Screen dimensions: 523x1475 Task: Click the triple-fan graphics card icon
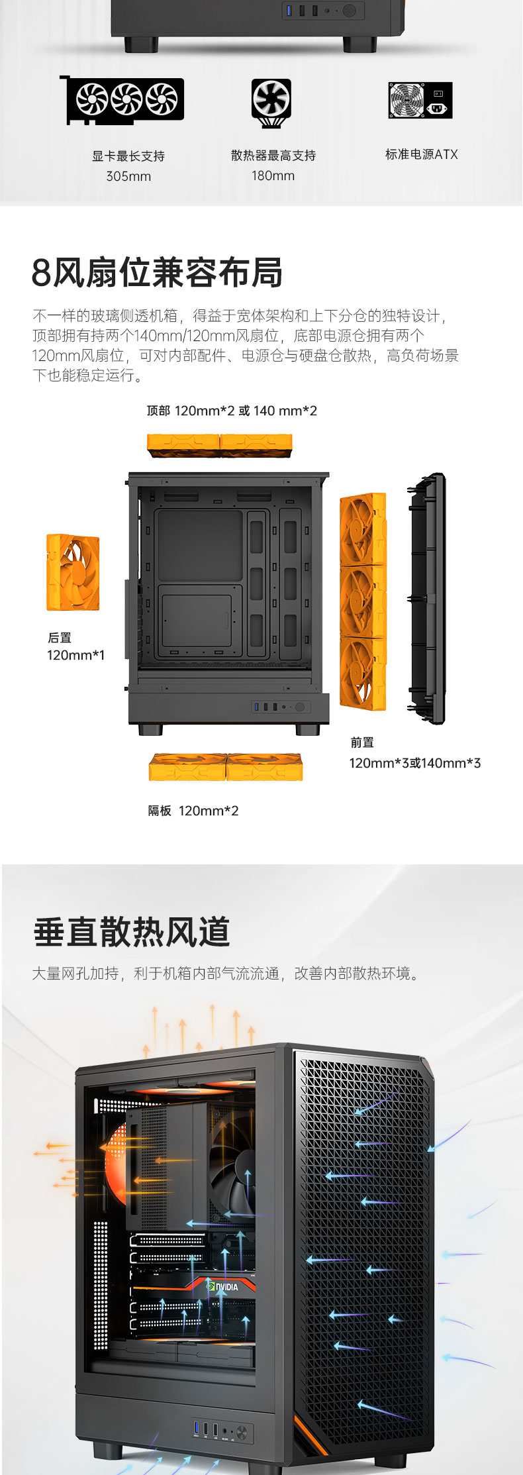(x=122, y=99)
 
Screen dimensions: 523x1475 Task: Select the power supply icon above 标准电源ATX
(x=420, y=100)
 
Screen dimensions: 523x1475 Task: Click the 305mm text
(x=128, y=176)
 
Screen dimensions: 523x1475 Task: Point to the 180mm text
(x=273, y=176)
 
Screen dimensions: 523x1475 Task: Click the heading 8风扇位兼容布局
(x=157, y=272)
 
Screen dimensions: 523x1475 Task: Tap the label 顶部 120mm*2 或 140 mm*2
(x=232, y=411)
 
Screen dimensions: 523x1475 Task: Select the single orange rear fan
(x=73, y=573)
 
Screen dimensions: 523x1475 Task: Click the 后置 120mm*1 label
(x=75, y=646)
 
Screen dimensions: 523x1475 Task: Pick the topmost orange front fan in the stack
(x=363, y=529)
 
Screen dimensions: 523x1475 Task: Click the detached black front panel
(x=428, y=599)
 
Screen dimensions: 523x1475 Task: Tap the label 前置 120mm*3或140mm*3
(x=415, y=753)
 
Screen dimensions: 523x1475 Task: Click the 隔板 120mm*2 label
(x=193, y=811)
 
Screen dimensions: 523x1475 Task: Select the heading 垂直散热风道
(x=132, y=932)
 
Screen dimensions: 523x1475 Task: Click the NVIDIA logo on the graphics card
(x=222, y=1286)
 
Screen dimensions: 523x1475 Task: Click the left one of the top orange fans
(x=183, y=445)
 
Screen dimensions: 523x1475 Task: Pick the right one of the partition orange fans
(x=265, y=767)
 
